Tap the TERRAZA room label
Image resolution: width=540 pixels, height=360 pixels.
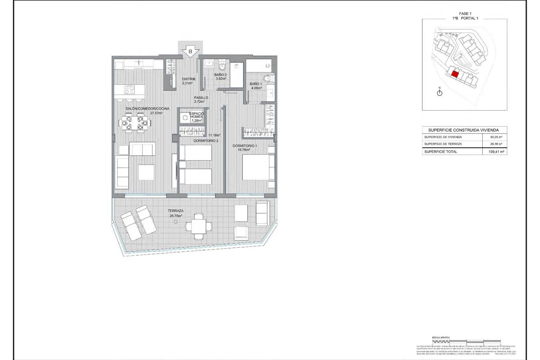click(x=175, y=211)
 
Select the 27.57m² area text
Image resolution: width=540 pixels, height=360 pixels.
click(x=156, y=113)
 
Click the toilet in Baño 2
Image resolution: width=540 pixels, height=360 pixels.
click(x=222, y=66)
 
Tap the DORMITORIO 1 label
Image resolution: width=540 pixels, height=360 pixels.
click(x=245, y=146)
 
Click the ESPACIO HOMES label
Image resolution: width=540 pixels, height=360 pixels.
click(x=197, y=115)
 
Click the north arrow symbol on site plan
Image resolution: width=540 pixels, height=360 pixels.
click(x=440, y=93)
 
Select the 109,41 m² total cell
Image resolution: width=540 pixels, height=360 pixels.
click(x=496, y=152)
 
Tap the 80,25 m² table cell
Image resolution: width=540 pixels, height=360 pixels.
click(x=496, y=137)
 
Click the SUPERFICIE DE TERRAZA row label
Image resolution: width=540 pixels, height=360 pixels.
click(x=443, y=144)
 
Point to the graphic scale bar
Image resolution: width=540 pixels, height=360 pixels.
click(x=466, y=341)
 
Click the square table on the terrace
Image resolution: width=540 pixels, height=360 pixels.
click(x=199, y=226)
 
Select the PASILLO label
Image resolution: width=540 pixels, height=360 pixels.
click(x=201, y=98)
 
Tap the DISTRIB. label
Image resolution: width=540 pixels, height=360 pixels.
click(x=189, y=79)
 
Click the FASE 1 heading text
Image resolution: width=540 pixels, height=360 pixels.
click(x=465, y=13)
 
